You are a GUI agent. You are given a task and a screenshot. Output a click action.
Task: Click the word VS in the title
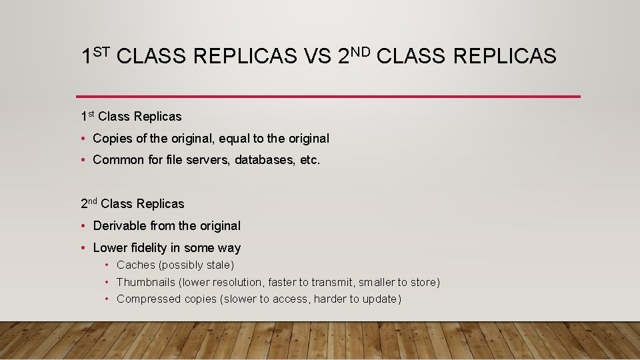coord(318,57)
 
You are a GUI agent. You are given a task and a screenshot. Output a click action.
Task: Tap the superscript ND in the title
coord(364,51)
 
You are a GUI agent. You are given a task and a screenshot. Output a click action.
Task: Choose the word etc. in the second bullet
coord(310,160)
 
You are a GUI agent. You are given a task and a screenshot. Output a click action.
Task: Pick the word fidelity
coord(146,248)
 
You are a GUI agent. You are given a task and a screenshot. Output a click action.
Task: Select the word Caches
coord(136,265)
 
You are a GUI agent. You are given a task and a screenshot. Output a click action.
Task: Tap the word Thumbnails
coord(145,283)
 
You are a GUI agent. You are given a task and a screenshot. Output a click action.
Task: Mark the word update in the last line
coord(379,299)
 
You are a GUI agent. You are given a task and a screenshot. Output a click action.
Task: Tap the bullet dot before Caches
coord(107,265)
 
